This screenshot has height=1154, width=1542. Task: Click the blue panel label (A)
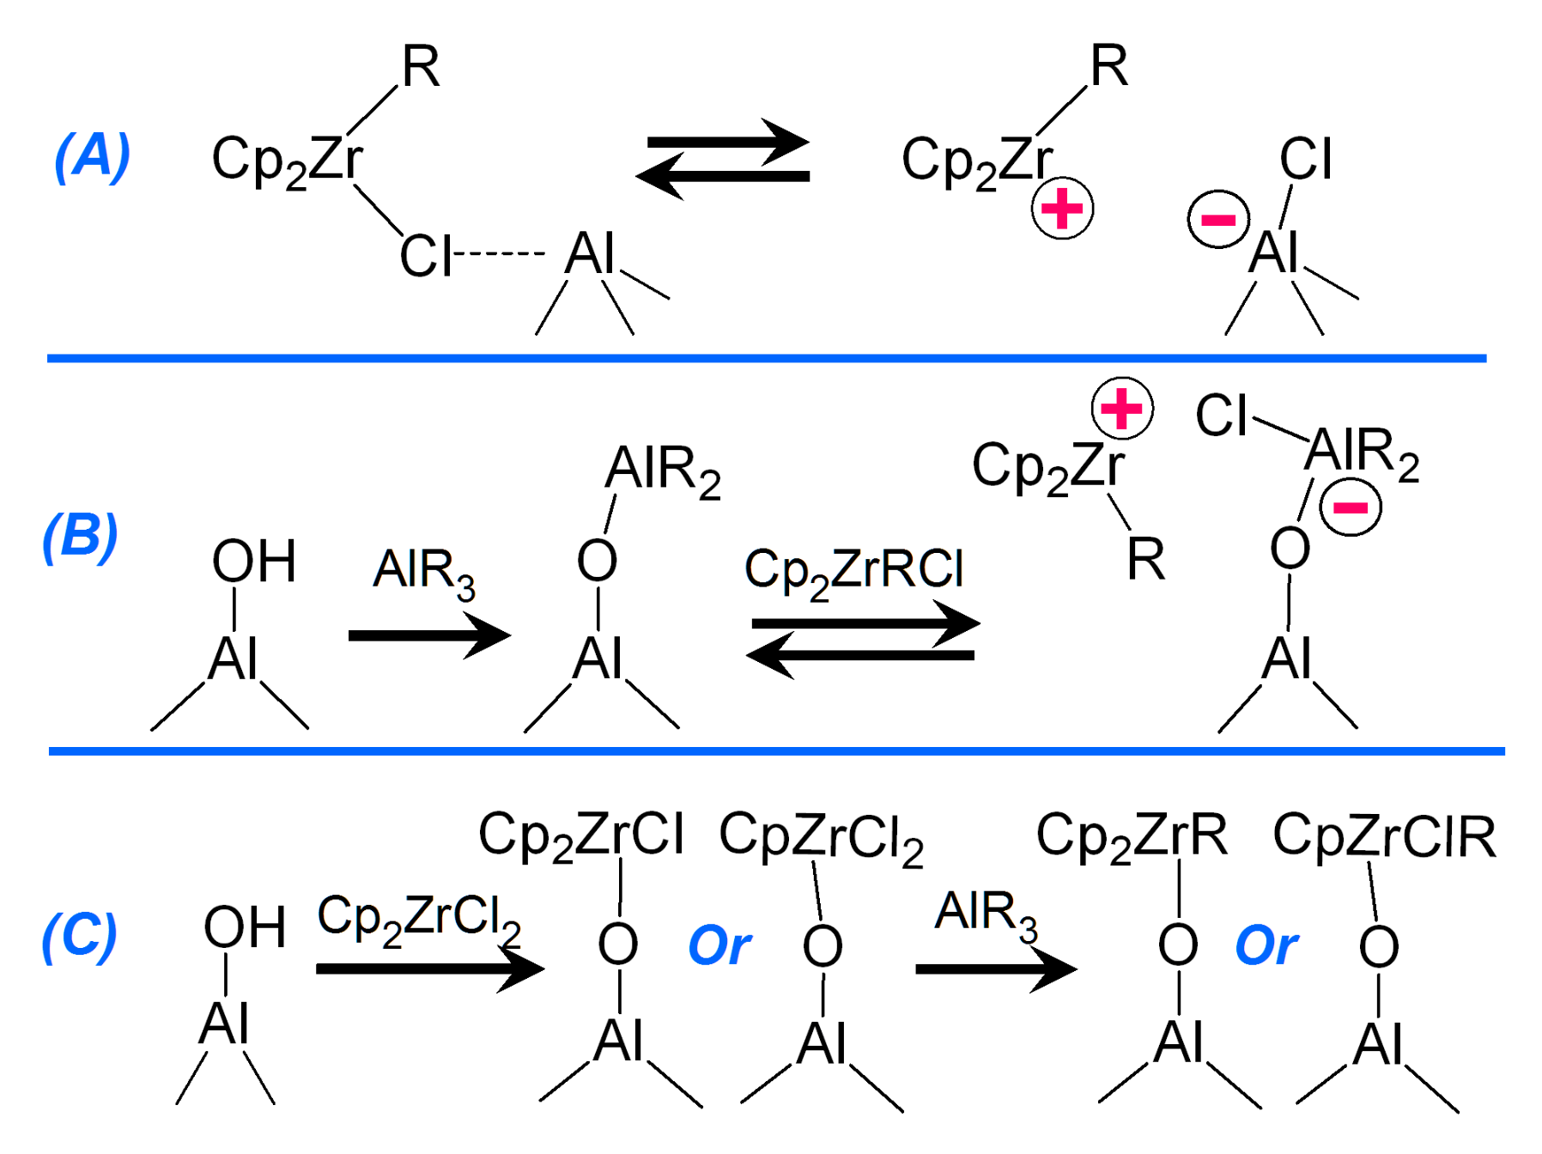point(92,156)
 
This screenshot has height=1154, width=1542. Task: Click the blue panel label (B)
point(80,537)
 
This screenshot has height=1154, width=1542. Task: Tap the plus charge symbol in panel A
point(1062,209)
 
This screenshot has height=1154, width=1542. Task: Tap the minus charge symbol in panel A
point(1217,219)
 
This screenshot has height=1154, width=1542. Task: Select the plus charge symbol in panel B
point(1121,408)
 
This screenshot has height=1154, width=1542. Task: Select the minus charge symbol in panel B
point(1350,507)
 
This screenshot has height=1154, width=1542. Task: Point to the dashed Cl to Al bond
point(499,253)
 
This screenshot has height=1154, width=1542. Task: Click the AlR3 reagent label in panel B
point(423,574)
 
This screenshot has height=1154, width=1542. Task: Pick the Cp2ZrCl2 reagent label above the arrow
point(419,919)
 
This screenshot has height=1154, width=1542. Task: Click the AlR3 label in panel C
point(986,914)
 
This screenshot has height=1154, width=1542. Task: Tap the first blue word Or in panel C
point(719,946)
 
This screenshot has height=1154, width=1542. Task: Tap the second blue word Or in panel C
point(1266,946)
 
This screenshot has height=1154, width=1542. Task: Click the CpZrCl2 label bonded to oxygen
point(821,837)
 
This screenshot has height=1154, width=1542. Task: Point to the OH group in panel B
point(254,562)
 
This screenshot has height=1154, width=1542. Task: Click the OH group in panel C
point(245,928)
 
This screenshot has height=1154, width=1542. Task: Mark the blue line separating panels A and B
point(767,358)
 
